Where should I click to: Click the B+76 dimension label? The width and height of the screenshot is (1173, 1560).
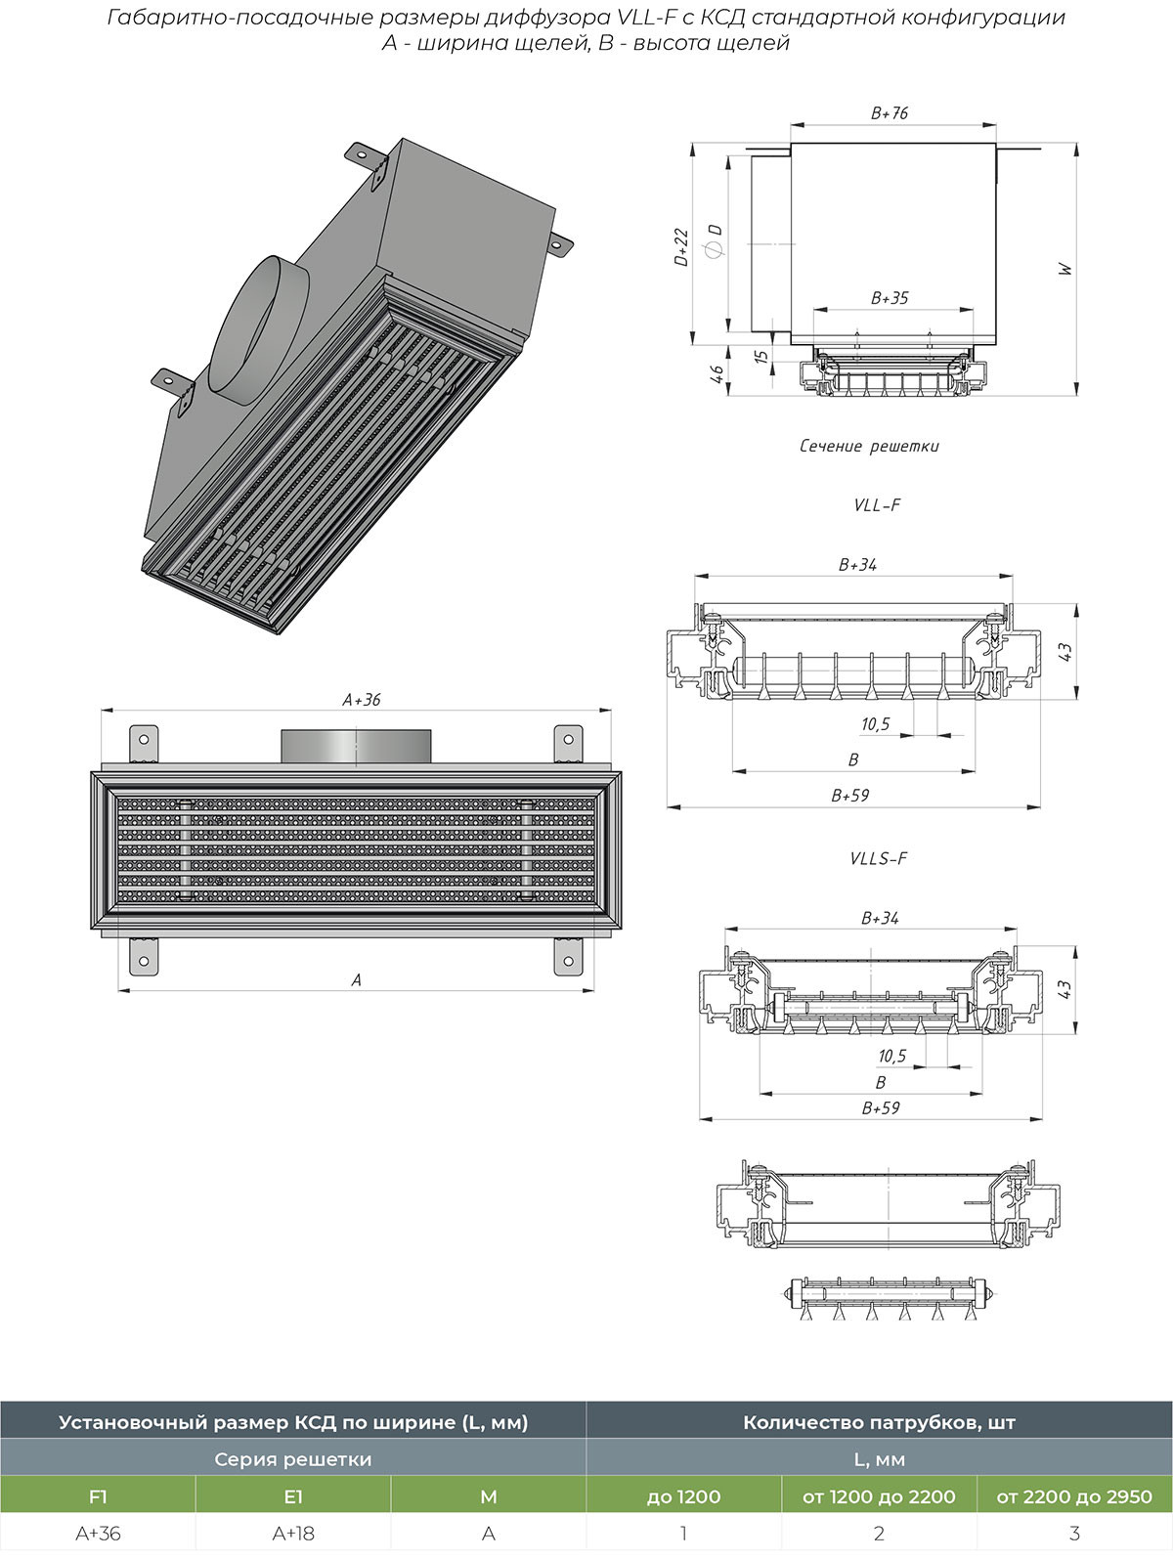tap(889, 113)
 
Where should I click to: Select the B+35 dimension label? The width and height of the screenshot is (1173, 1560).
tap(890, 298)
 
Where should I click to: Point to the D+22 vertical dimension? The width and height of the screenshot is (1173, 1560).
tap(680, 246)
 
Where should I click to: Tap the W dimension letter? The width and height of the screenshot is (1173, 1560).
tap(1065, 270)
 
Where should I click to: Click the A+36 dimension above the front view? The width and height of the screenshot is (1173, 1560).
tap(361, 700)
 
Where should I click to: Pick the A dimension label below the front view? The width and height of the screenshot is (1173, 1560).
tap(357, 980)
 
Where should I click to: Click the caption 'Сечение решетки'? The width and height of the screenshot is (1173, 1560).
tap(869, 447)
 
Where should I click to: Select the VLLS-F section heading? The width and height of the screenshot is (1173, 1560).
tap(878, 858)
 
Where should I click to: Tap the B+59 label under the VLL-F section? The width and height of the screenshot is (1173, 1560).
tap(850, 796)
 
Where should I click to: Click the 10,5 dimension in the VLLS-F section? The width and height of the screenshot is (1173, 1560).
tap(892, 1056)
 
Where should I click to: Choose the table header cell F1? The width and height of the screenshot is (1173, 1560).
tap(98, 1496)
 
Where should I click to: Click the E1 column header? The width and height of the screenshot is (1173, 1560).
tap(293, 1496)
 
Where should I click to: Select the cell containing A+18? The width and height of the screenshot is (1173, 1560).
tap(293, 1534)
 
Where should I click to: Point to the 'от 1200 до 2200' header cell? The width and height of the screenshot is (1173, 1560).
tap(879, 1496)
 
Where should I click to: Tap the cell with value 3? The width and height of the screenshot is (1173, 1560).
tap(1075, 1534)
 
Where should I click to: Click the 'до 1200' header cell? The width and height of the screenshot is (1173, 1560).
tap(683, 1496)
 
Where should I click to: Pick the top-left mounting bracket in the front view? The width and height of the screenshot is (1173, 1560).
tap(144, 746)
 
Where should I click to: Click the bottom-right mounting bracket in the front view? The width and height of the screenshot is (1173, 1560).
tap(568, 957)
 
